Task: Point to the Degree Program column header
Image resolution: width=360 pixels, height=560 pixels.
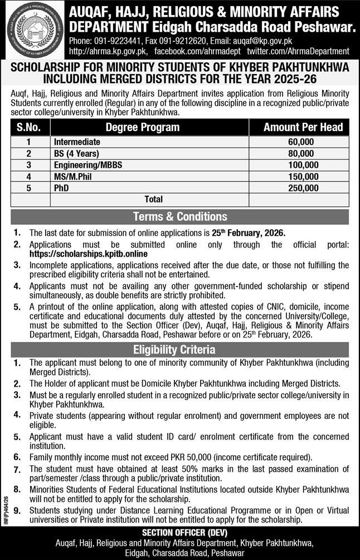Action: pos(143,127)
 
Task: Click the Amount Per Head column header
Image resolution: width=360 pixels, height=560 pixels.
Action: pos(303,127)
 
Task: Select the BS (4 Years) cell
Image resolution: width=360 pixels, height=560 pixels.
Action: pos(76,153)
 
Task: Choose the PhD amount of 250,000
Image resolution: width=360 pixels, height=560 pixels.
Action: pos(303,188)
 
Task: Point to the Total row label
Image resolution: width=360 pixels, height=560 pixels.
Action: pos(154,199)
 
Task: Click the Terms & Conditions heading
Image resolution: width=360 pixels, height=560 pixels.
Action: pos(179,216)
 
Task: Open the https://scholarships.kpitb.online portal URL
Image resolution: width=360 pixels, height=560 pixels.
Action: pos(91,253)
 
